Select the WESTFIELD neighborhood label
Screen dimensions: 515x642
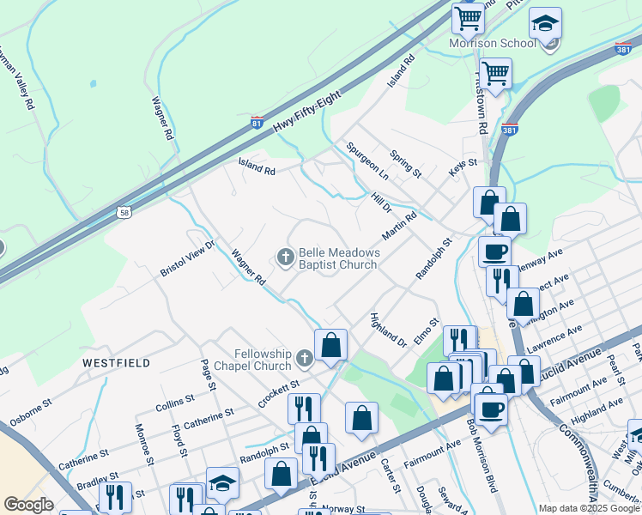(x=116, y=363)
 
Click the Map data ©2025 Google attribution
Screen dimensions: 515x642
(x=589, y=508)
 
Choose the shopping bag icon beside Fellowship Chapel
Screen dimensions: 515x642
(x=330, y=346)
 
